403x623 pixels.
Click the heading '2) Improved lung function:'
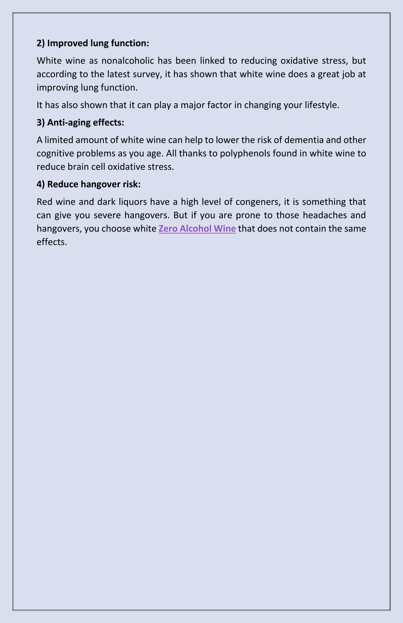click(x=93, y=43)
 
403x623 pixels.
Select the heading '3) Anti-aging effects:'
click(x=80, y=122)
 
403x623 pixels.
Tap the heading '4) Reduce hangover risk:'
click(x=89, y=184)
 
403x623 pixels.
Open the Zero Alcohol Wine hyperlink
click(x=197, y=229)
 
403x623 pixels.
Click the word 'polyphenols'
click(x=245, y=154)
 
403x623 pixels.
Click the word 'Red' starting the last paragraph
click(x=44, y=202)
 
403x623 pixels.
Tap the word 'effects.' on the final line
click(x=52, y=242)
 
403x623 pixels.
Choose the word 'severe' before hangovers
click(x=107, y=215)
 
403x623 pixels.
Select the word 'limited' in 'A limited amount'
click(x=59, y=140)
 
